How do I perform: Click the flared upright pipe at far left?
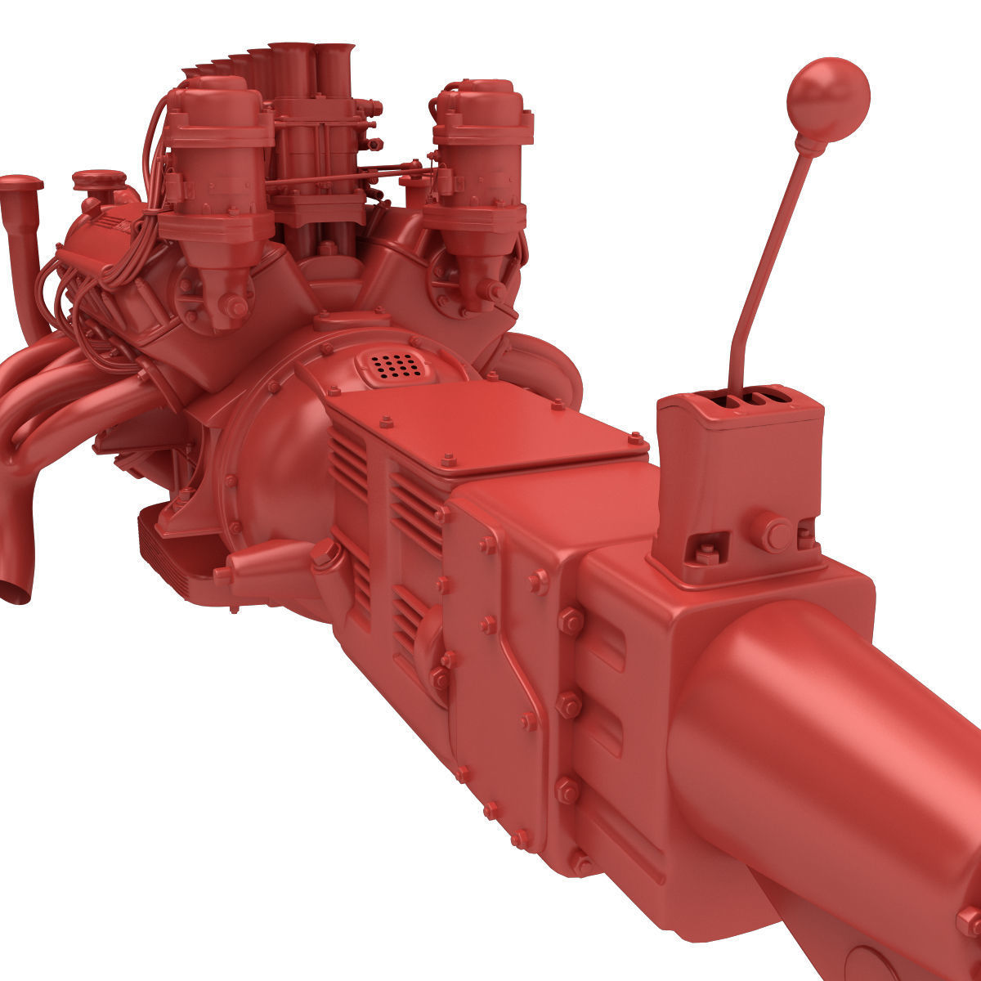[22, 245]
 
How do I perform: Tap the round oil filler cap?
[98, 180]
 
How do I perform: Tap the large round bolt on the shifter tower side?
[770, 531]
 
